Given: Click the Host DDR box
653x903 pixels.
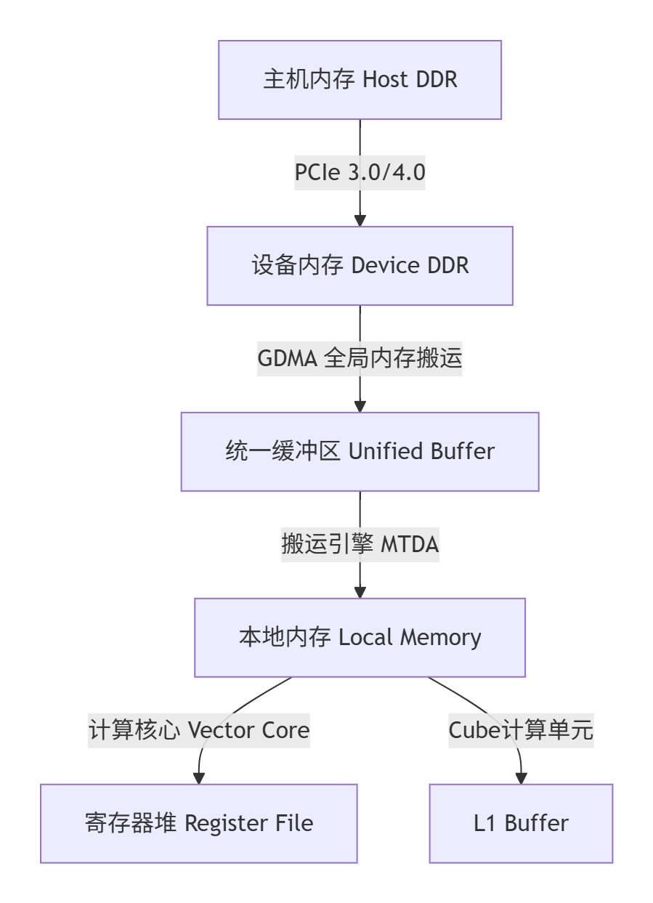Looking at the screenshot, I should point(360,80).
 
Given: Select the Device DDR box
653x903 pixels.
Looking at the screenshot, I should point(360,266).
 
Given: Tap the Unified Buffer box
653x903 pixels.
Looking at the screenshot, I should point(360,452).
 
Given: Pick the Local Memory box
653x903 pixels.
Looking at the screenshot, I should point(360,638).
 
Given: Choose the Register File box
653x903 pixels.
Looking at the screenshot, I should point(198,824).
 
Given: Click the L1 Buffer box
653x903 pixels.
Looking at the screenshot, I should point(521,824).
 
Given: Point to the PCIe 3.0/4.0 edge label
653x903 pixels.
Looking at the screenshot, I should point(360,173).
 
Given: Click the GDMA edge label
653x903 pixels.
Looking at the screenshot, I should point(360,359).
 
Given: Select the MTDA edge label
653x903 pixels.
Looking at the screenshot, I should point(360,545).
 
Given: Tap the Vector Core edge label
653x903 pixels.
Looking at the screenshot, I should point(198,730).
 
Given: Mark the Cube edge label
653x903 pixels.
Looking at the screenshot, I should point(521,730).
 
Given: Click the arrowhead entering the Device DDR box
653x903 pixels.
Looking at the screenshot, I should point(360,221).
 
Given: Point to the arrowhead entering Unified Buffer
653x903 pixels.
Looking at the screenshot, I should point(360,407).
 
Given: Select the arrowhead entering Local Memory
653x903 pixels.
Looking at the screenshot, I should point(360,593).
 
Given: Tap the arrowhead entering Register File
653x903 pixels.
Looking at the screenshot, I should point(198,779).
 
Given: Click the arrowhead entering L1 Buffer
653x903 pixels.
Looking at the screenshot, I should point(521,779).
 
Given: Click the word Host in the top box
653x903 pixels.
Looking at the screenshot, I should point(385,80).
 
